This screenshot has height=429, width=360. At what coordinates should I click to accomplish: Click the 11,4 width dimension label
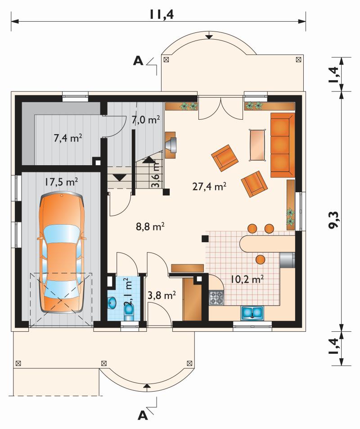[161, 14]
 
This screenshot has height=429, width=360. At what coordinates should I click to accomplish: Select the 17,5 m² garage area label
[61, 182]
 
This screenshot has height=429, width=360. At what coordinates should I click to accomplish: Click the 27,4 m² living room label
[209, 187]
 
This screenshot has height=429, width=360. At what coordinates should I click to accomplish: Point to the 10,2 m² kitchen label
[247, 280]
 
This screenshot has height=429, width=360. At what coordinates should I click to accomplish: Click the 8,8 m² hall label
[150, 226]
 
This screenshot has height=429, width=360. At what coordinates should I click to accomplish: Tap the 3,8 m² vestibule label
[162, 295]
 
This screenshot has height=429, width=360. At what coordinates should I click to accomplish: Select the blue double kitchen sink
[252, 313]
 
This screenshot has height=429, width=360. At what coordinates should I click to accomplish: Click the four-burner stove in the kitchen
[216, 298]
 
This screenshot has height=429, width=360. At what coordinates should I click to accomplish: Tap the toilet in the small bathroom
[128, 312]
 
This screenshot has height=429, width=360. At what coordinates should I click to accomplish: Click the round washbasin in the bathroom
[112, 303]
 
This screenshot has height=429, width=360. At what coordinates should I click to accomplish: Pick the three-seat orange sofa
[283, 145]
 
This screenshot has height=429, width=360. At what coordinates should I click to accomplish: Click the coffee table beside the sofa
[257, 145]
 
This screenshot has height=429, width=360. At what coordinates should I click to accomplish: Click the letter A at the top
[138, 61]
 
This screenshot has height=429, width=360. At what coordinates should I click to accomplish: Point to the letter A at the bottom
[143, 415]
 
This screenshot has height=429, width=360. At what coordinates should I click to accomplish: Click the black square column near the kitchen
[205, 239]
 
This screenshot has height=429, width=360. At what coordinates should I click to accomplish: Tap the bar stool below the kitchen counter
[261, 259]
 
